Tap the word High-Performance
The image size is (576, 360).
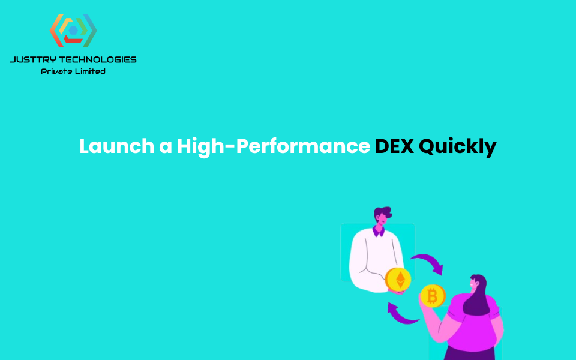273,146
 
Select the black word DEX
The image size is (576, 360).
394,146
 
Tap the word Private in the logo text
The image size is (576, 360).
55,71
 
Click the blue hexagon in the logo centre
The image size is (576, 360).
73,30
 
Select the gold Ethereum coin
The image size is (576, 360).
398,280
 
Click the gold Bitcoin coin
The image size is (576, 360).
432,296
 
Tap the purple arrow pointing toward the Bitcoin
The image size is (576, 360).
428,262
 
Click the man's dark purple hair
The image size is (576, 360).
382,212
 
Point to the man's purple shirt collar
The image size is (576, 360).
379,230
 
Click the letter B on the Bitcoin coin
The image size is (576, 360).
432,296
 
